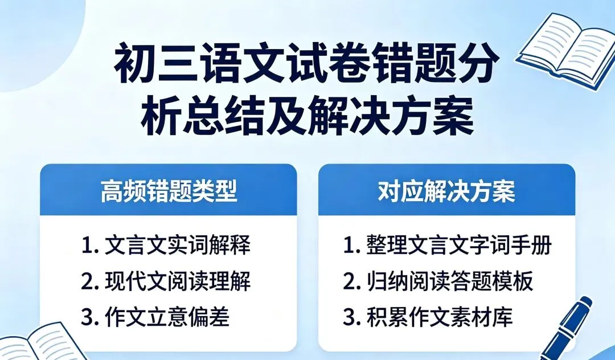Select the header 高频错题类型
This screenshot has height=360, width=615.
coord(169,192)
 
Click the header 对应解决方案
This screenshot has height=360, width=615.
coord(446,192)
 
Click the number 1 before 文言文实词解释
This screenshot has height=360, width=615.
coord(87,246)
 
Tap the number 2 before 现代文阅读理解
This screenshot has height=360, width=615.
coord(87,282)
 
